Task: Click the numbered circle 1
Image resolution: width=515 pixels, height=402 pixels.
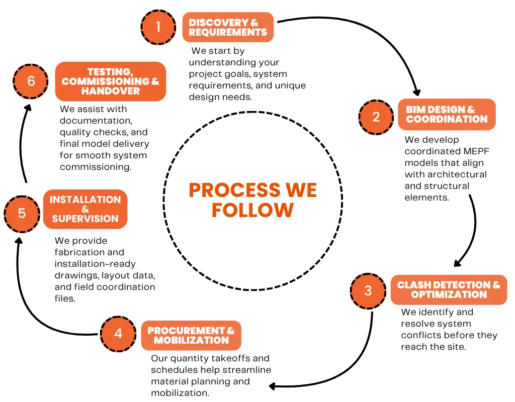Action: (x=158, y=27)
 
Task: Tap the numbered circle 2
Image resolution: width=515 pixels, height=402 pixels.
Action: (x=376, y=117)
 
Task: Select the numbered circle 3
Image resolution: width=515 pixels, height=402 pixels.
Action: (x=368, y=290)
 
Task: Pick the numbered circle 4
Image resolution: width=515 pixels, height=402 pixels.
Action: (x=118, y=334)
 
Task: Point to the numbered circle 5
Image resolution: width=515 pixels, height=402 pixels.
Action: (x=22, y=213)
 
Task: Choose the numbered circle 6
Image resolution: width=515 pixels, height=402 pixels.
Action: (x=31, y=81)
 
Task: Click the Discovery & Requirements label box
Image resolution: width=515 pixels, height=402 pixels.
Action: (x=228, y=27)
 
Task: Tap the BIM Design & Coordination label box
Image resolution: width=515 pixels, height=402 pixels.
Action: (x=447, y=115)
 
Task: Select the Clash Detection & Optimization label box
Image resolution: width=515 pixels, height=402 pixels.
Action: (x=449, y=289)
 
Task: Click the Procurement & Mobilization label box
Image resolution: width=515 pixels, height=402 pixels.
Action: (x=191, y=335)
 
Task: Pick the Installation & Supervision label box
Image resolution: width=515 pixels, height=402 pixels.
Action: (x=85, y=209)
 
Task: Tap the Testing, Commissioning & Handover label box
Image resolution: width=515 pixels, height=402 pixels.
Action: (x=110, y=81)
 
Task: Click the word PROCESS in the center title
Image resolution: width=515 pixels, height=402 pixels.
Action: (x=227, y=190)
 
